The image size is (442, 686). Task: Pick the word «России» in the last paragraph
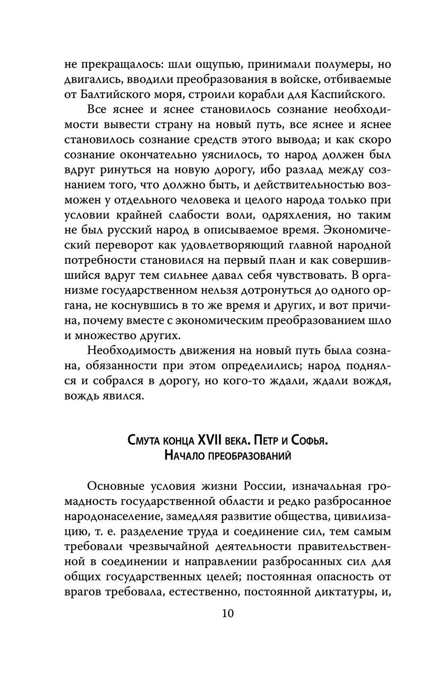tap(262, 486)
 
